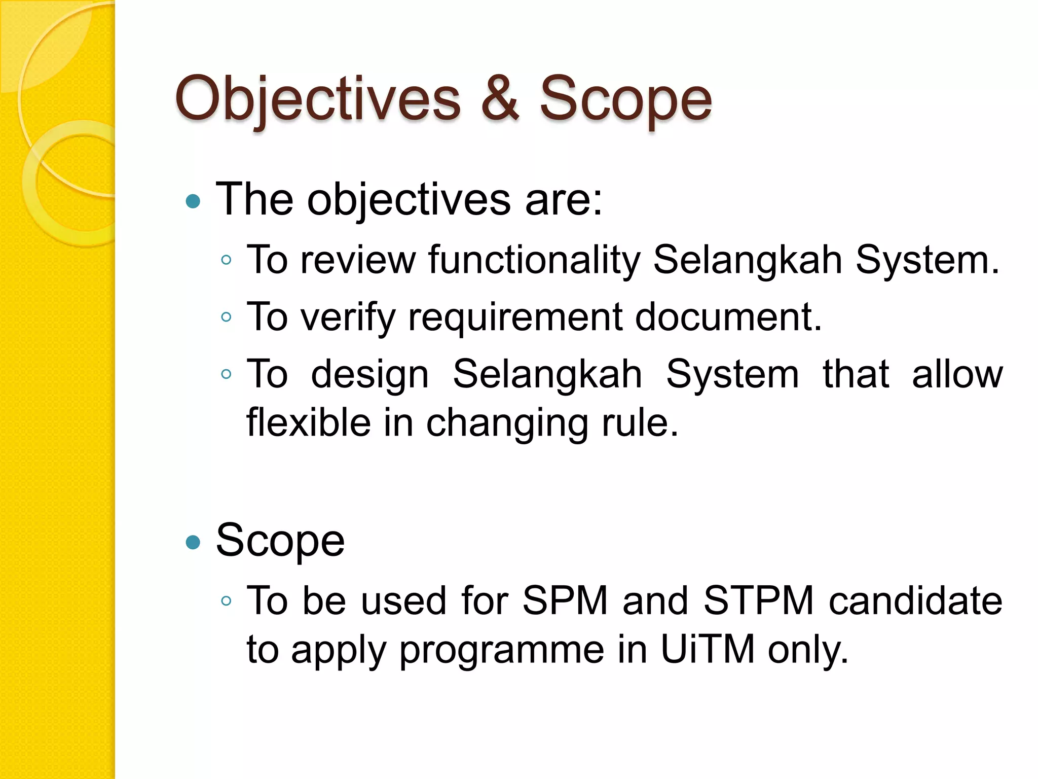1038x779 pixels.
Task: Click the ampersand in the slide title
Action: click(500, 99)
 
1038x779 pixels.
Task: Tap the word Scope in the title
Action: click(625, 99)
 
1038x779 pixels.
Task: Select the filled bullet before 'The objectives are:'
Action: click(193, 202)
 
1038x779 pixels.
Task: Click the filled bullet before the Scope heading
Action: click(193, 543)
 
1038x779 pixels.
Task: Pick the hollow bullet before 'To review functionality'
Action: click(227, 260)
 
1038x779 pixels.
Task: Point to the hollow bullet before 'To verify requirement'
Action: click(227, 317)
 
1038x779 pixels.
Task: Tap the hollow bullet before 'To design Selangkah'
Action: click(227, 375)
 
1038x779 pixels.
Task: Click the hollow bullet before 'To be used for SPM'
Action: click(227, 601)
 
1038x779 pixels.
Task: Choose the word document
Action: click(728, 317)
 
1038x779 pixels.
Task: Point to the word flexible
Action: click(308, 422)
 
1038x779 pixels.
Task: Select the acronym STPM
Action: click(759, 601)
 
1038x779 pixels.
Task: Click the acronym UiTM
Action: click(708, 649)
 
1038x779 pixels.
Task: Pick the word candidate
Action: click(915, 601)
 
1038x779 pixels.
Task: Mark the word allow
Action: click(957, 374)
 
